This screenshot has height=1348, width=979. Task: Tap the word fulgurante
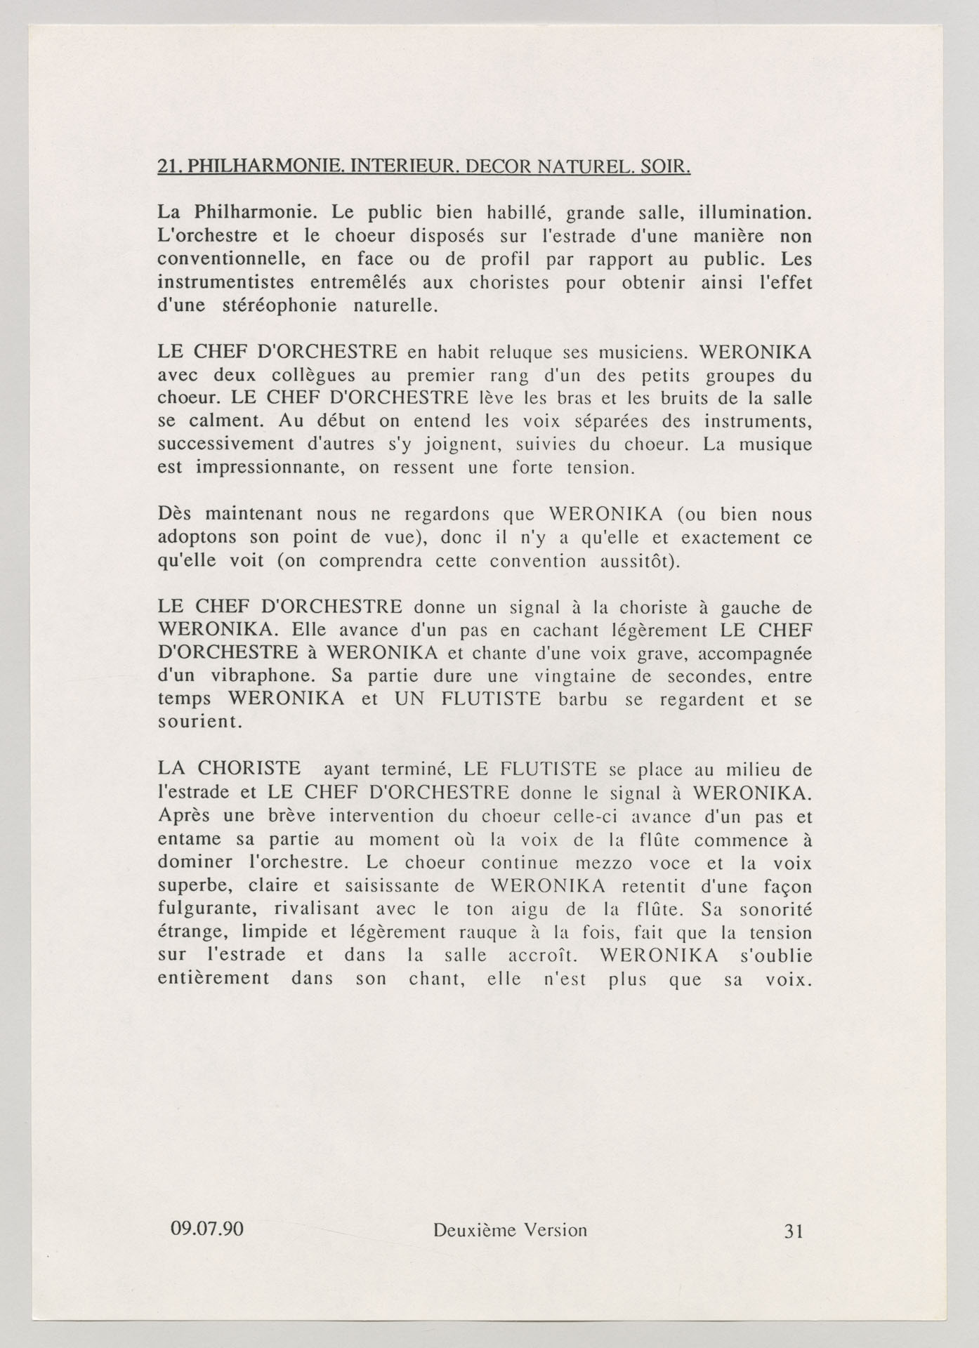203,909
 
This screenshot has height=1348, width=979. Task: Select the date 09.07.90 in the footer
207,1229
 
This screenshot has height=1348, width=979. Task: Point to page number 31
793,1231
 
